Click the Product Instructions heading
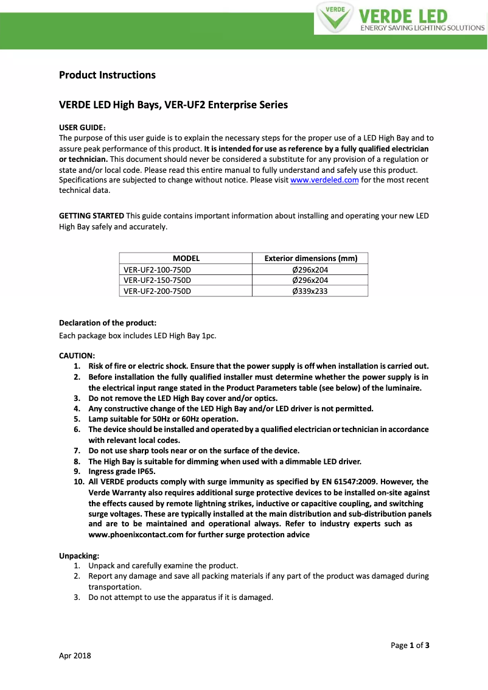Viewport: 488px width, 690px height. pos(107,75)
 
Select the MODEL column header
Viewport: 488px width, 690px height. pos(186,258)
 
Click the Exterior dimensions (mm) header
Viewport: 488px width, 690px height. pos(310,258)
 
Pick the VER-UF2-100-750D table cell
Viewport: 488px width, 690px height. pos(157,269)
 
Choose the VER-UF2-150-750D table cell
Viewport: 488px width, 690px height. pos(157,280)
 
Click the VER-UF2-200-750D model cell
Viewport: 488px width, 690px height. pos(157,291)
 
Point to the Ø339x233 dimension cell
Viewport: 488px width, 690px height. pos(310,291)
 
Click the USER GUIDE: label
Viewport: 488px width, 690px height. pos(82,127)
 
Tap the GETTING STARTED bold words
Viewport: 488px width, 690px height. pos(91,216)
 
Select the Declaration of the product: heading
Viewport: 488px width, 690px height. pos(108,322)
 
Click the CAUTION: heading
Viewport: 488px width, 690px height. pos(77,355)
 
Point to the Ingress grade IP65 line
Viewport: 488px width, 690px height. pos(122,471)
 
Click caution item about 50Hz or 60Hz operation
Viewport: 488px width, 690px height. pos(163,419)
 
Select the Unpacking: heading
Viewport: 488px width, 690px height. pos(79,556)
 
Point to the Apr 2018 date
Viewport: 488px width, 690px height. pos(75,656)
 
